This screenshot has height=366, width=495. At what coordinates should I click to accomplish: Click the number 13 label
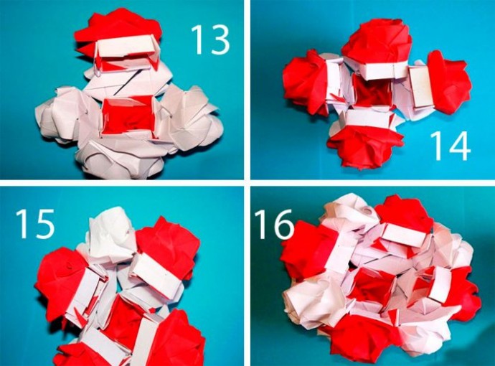pyautogui.click(x=210, y=39)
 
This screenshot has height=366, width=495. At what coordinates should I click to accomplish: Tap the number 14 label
pyautogui.click(x=450, y=146)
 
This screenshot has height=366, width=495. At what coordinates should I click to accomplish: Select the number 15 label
pyautogui.click(x=35, y=224)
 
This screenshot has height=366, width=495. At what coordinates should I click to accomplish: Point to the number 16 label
pyautogui.click(x=274, y=224)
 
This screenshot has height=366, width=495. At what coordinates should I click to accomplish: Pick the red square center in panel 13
pyautogui.click(x=128, y=117)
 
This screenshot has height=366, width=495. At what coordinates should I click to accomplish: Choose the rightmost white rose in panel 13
pyautogui.click(x=192, y=116)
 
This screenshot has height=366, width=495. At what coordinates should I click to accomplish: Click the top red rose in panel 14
pyautogui.click(x=377, y=42)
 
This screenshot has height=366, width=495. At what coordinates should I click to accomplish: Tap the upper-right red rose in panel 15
pyautogui.click(x=168, y=247)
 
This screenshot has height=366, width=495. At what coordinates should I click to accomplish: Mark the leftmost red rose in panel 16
pyautogui.click(x=307, y=250)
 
